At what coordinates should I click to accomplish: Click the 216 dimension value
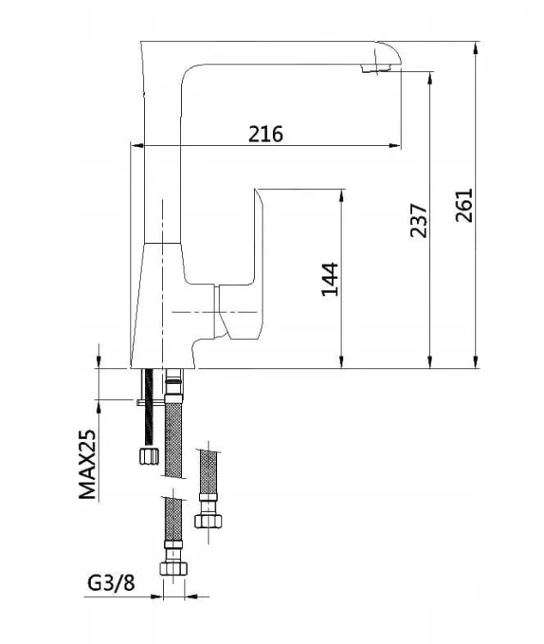266,134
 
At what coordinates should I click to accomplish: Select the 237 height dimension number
419,220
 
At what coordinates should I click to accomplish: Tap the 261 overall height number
464,205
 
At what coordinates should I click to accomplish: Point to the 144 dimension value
329,279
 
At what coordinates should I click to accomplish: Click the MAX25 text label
87,464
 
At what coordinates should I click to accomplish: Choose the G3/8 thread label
111,582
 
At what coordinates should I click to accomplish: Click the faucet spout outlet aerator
375,68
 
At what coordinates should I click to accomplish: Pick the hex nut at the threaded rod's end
148,456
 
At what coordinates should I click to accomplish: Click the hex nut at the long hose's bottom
172,568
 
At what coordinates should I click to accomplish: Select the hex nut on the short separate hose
209,521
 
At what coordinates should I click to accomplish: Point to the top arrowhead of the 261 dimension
476,48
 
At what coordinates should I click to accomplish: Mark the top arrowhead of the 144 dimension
342,197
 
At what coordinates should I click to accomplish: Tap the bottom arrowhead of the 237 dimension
430,361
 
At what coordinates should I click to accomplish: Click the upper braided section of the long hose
173,440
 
